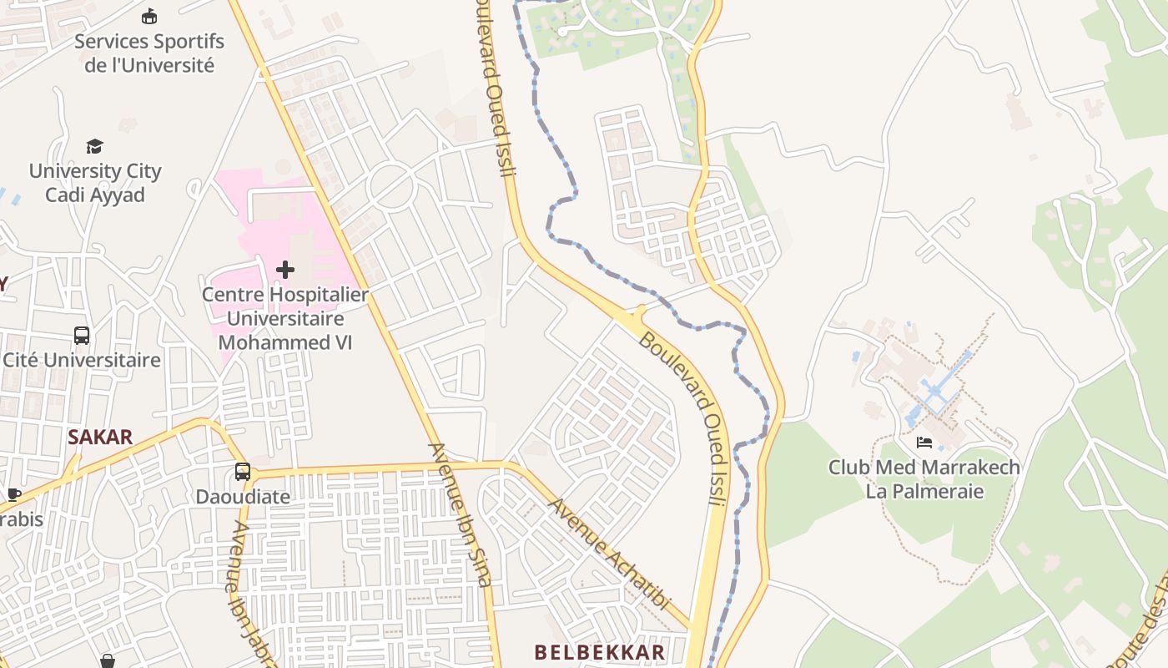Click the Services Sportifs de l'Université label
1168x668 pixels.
pos(149,53)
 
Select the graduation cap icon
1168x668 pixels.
pos(94,146)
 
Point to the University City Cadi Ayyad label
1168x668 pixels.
pos(95,183)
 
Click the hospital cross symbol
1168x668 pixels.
pos(285,269)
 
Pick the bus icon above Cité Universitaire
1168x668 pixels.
pos(82,336)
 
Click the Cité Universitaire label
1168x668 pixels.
pos(82,361)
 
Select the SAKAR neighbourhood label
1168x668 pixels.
pos(100,437)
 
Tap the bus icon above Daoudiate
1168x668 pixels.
pos(242,472)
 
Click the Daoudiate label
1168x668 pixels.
pos(243,497)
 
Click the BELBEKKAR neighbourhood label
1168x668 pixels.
pos(600,652)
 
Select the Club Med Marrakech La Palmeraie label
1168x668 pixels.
pos(924,478)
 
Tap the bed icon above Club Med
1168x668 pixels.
pos(924,443)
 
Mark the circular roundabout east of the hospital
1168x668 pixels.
pos(391,186)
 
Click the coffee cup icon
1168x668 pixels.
pos(13,494)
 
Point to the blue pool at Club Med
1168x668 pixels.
pos(936,392)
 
